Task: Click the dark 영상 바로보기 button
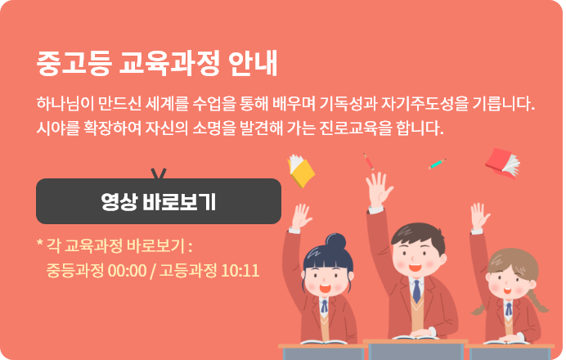pos(159,201)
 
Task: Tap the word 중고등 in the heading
pos(74,63)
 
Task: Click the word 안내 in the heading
pos(253,63)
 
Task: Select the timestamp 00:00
pos(127,271)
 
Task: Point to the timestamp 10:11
pos(240,271)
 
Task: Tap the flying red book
pos(502,163)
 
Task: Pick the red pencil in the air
pos(369,161)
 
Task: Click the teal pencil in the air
pos(437,164)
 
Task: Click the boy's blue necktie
pos(416,291)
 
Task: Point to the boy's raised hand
pos(379,189)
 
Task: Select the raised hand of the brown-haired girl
pos(480,215)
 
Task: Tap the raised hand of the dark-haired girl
pos(301,216)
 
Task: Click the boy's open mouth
pos(415,268)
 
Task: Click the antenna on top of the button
pos(159,173)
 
